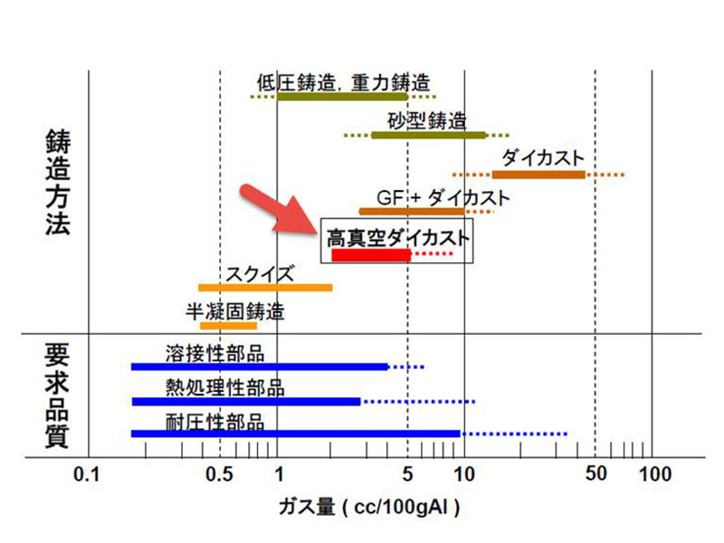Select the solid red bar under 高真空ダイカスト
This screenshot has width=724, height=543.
coord(371,255)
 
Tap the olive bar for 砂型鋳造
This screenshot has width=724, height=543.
coord(428,135)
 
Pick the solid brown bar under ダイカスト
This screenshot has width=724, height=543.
coord(538,174)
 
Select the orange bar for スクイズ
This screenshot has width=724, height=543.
coord(265,288)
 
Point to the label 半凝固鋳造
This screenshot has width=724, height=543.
coord(235,312)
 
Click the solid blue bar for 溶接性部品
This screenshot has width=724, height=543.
coord(260,367)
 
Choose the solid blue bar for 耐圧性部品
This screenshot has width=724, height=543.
coord(296,433)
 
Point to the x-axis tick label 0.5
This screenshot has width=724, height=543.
coord(220,473)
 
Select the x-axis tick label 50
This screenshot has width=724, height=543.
coord(595,473)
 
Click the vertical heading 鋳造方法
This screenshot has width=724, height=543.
coord(57,184)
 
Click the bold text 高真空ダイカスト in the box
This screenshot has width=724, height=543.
coord(397,238)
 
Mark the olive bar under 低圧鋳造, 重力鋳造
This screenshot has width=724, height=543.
coord(342,96)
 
